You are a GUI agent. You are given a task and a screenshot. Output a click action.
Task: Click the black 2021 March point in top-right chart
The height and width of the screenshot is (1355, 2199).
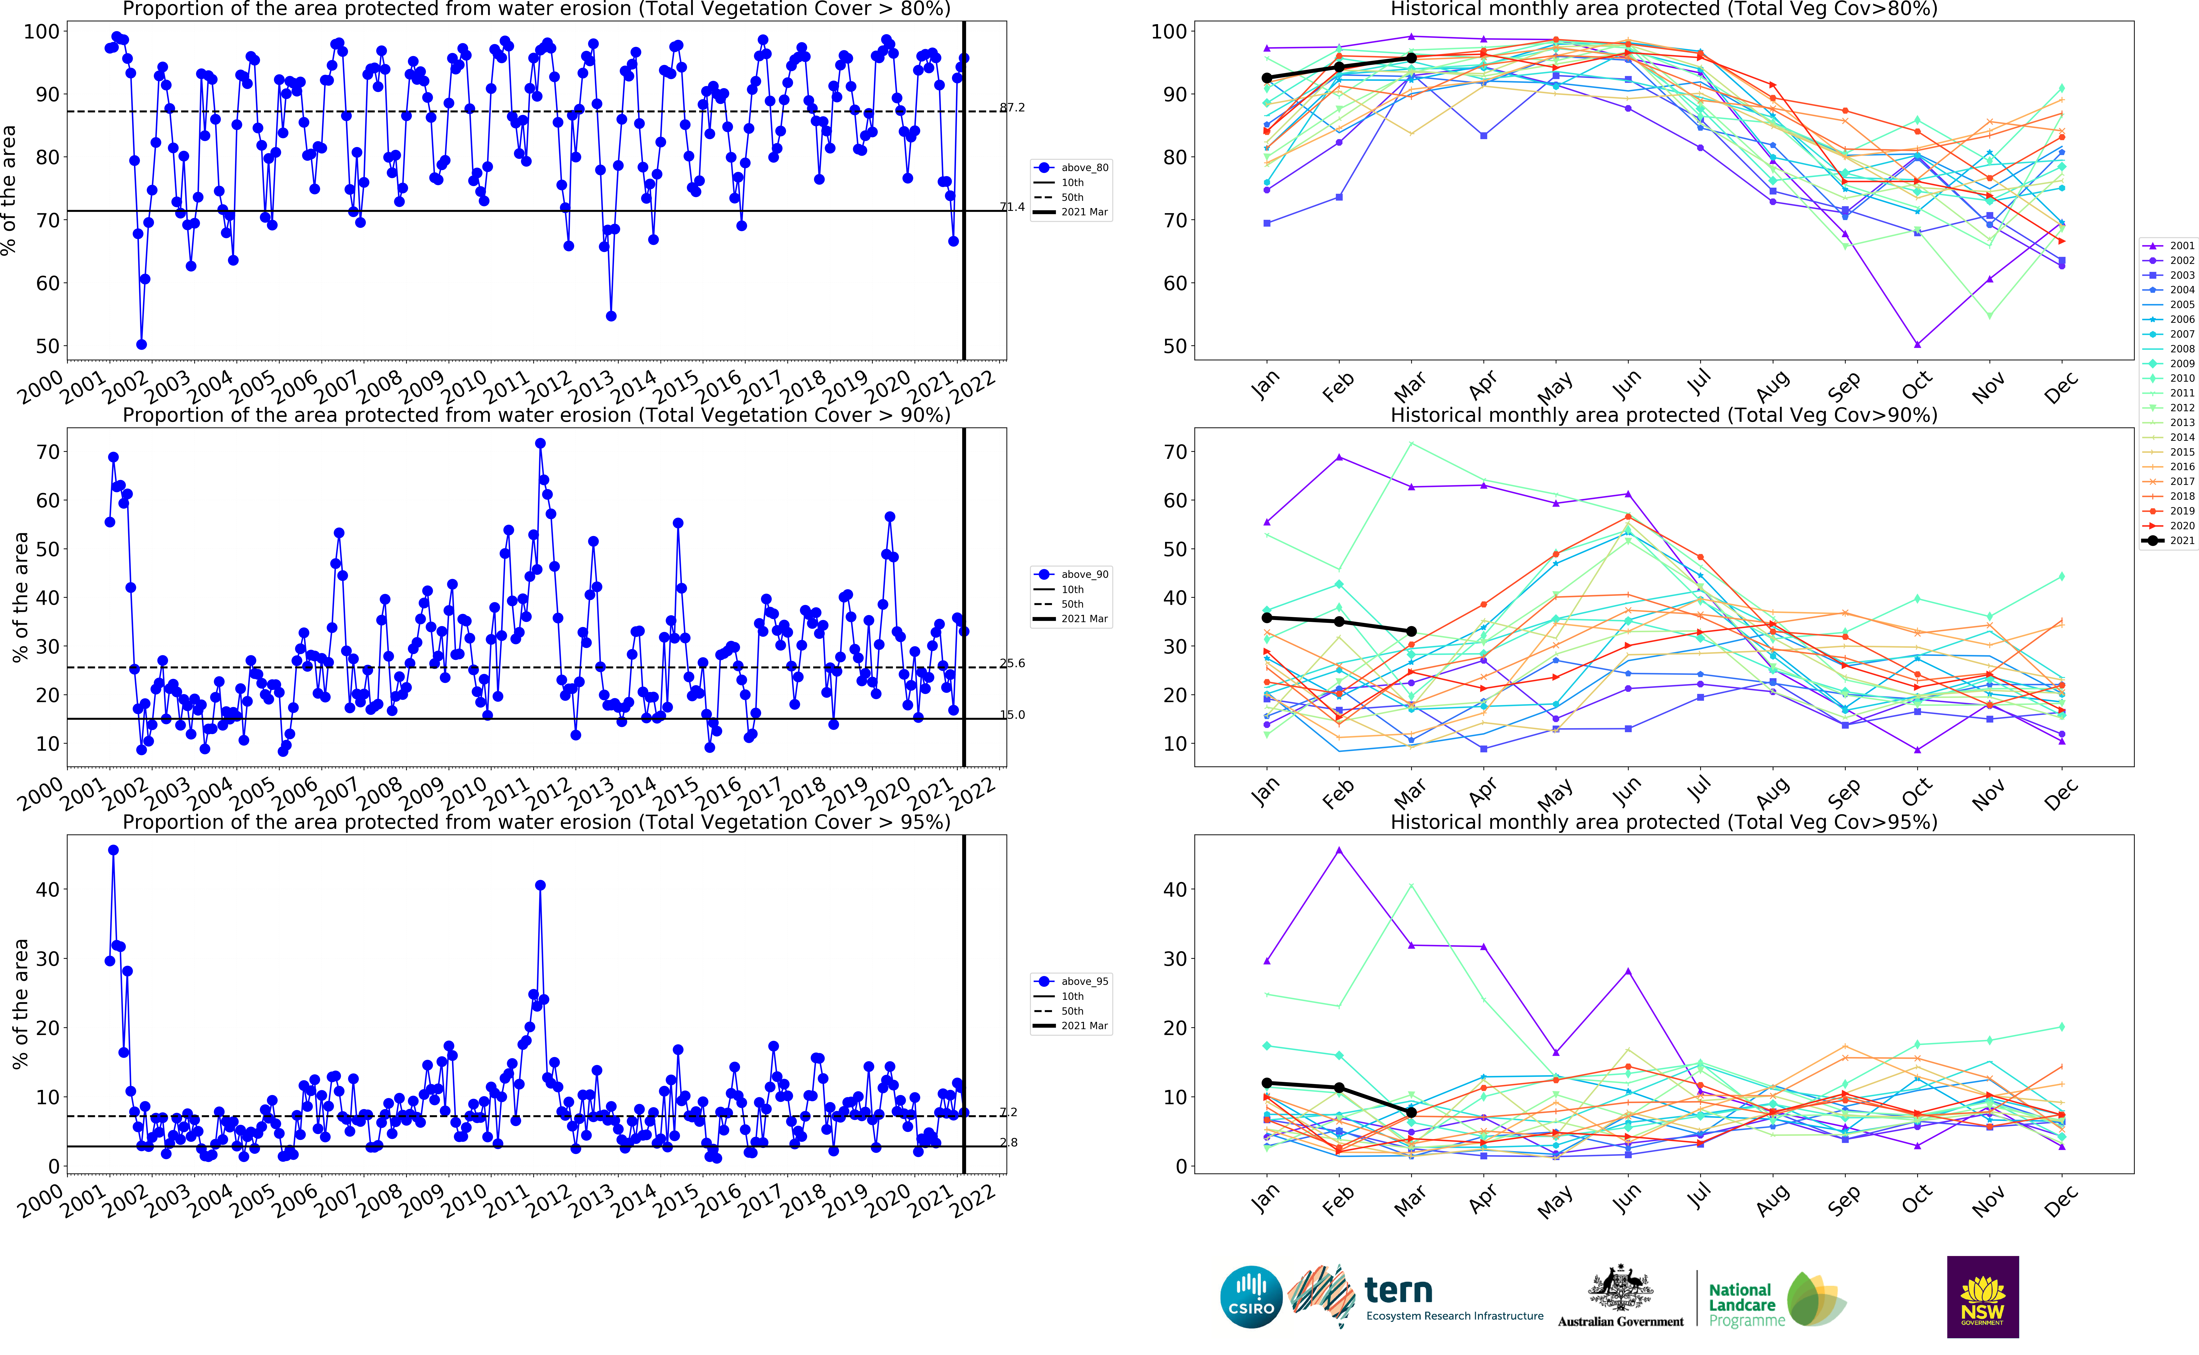pyautogui.click(x=1411, y=58)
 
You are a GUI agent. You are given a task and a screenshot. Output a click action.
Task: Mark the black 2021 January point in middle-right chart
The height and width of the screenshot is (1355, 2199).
pyautogui.click(x=1267, y=617)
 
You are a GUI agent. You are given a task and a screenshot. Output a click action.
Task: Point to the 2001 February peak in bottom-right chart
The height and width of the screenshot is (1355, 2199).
pyautogui.click(x=1339, y=849)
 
